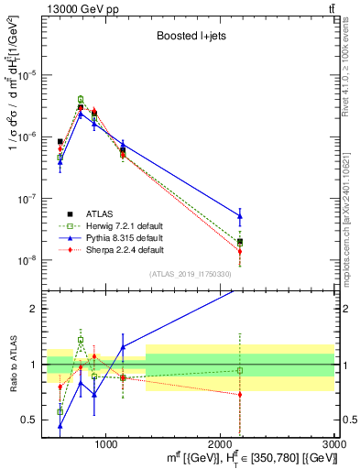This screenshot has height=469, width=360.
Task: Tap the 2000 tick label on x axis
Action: pyautogui.click(x=220, y=444)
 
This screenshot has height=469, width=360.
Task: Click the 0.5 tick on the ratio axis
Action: pyautogui.click(x=32, y=420)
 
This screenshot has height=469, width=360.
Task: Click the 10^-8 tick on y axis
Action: pyautogui.click(x=29, y=260)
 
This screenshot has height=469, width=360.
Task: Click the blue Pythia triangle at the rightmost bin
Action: pyautogui.click(x=240, y=216)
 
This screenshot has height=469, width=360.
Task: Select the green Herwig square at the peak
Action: pyautogui.click(x=81, y=99)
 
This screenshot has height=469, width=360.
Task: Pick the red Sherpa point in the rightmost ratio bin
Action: pyautogui.click(x=240, y=395)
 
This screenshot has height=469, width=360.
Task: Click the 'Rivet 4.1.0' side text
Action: pyautogui.click(x=351, y=55)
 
